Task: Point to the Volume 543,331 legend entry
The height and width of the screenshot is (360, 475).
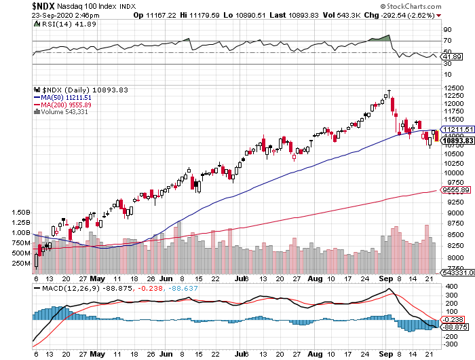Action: (x=64, y=113)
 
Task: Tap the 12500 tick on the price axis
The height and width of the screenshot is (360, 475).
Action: (x=453, y=88)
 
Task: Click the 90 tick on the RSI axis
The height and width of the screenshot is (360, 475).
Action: (x=447, y=30)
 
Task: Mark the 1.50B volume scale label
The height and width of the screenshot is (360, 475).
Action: (x=20, y=213)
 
